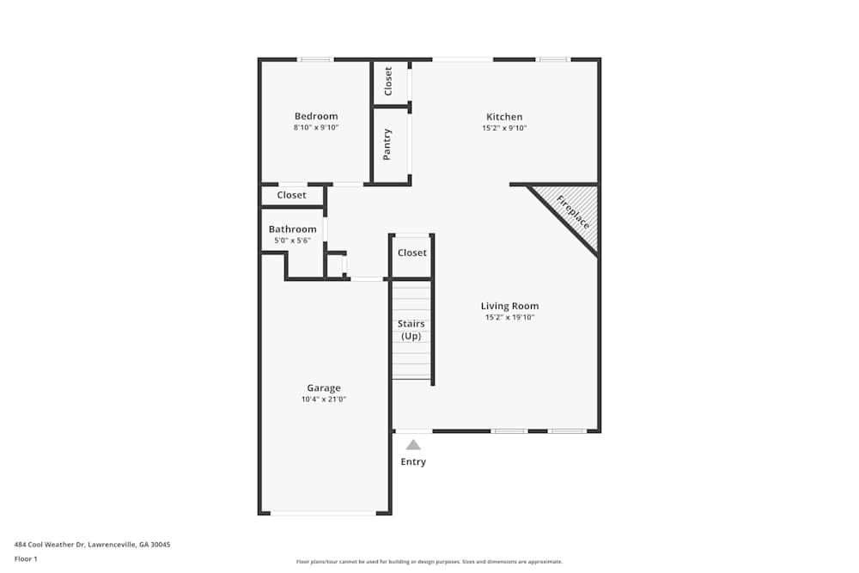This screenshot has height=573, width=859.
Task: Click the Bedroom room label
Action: coord(316,117)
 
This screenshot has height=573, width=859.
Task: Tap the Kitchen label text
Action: coord(504,118)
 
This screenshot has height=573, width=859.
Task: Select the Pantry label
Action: coord(387,144)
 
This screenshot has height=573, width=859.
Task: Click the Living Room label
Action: coord(509,306)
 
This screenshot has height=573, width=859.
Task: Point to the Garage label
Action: coord(324,388)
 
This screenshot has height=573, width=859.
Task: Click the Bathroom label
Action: coord(292,229)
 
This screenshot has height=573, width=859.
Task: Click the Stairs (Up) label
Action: coord(411,330)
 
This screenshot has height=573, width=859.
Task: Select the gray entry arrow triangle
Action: coord(413,445)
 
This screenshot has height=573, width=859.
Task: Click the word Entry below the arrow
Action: coord(413,462)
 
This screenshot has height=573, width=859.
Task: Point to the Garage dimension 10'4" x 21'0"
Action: coord(324,399)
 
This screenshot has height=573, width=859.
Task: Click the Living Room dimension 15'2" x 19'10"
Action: coord(509,318)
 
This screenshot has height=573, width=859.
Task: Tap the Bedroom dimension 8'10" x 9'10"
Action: coord(316,128)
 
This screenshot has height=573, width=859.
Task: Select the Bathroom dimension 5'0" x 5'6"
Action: coord(292,241)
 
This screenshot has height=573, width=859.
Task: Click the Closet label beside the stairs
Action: coord(412,253)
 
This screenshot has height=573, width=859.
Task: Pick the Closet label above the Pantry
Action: coord(388,82)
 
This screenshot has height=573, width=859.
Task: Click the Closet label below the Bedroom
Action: coord(291,195)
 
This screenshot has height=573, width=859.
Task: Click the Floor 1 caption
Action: coord(26,558)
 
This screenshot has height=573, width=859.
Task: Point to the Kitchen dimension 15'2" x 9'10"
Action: coord(504,128)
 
